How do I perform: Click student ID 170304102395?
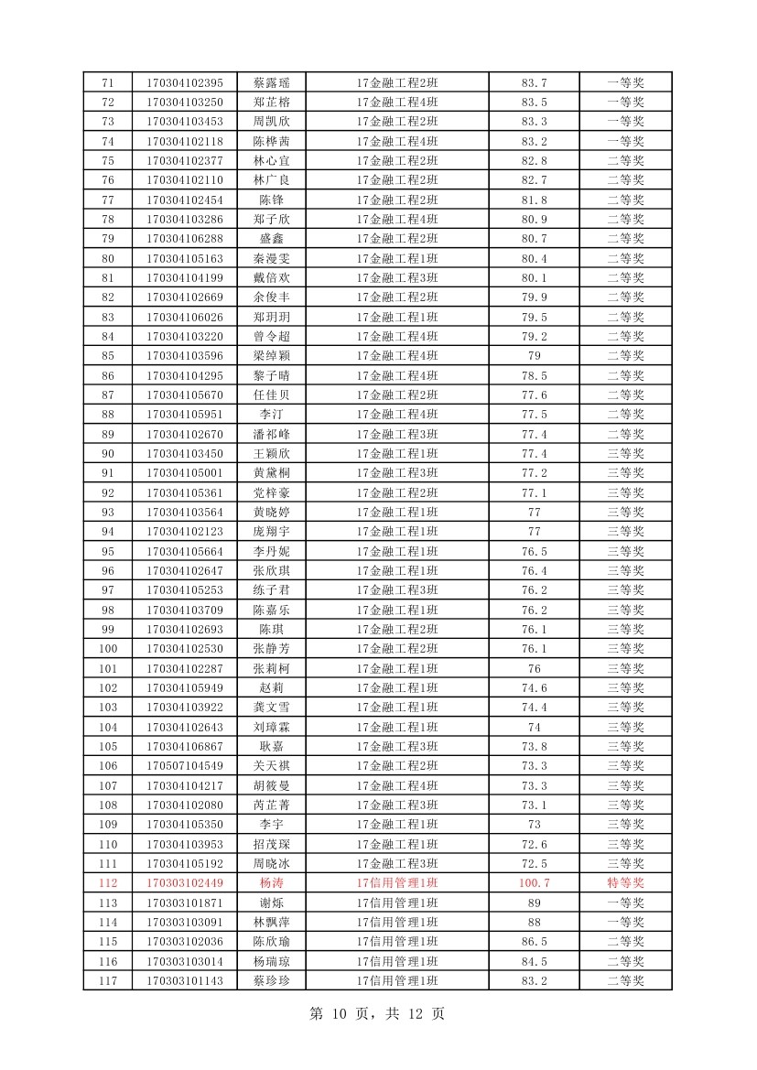click(184, 82)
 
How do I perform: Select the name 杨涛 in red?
click(271, 883)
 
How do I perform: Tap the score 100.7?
click(535, 883)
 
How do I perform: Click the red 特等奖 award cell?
click(626, 883)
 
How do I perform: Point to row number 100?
click(108, 648)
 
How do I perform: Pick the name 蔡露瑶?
click(271, 82)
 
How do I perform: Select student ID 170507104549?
click(184, 765)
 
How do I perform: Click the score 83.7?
click(535, 82)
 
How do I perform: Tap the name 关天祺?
click(271, 765)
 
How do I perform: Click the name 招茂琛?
click(271, 844)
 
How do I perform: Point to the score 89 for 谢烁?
click(535, 902)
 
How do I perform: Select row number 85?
click(108, 355)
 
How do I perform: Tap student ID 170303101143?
click(184, 980)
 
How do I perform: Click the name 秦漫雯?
click(271, 258)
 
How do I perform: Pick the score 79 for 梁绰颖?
click(535, 355)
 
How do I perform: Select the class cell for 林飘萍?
click(397, 922)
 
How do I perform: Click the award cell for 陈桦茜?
click(626, 141)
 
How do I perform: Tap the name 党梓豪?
click(271, 492)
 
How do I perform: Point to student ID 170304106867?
click(184, 746)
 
